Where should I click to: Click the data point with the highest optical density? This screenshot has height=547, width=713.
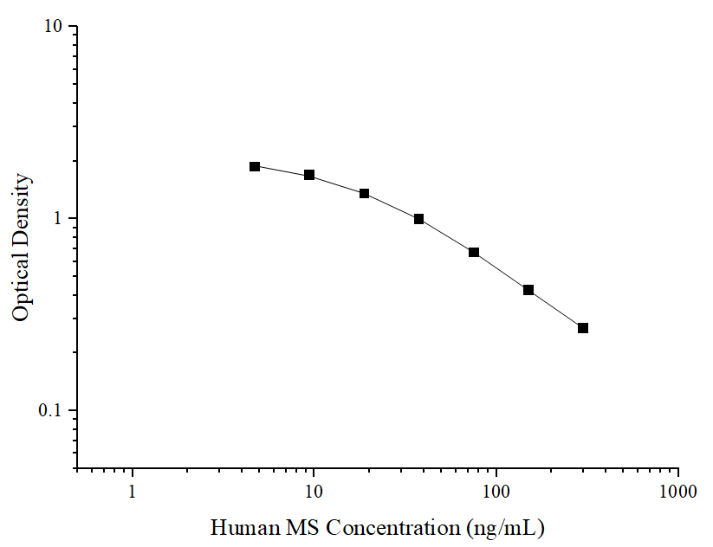tap(255, 166)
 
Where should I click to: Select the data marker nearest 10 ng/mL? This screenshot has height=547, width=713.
tap(309, 175)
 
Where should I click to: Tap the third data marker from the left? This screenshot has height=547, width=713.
tap(364, 193)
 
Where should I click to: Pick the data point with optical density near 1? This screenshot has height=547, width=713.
tap(418, 219)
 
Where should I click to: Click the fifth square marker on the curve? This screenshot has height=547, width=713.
tap(474, 252)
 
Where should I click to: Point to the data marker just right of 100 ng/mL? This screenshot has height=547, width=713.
tap(528, 290)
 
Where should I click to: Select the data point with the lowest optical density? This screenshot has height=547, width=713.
tap(583, 328)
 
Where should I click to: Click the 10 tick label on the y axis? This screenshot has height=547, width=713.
tap(54, 27)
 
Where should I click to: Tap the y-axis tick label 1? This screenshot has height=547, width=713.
tap(59, 218)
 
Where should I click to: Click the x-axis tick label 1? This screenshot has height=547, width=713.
tap(133, 492)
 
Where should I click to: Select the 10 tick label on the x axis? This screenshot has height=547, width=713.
tap(314, 492)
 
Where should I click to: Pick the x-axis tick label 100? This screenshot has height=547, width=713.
tap(496, 492)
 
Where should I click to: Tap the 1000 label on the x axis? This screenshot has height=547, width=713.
tap(677, 492)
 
